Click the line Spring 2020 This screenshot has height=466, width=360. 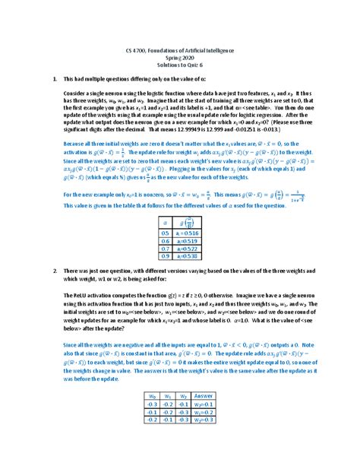(180, 56)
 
